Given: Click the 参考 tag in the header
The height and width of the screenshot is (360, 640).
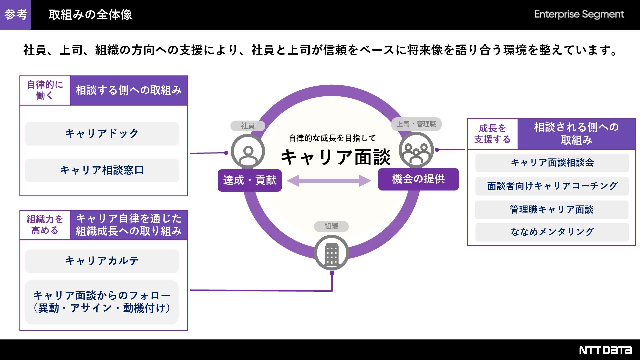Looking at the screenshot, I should click(x=15, y=15).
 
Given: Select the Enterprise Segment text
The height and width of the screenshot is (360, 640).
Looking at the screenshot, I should click(x=579, y=14).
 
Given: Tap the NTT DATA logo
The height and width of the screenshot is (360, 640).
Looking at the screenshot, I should click(x=605, y=350).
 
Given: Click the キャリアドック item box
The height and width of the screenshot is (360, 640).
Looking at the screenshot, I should click(x=102, y=134).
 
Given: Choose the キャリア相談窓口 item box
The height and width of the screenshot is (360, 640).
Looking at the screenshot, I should click(x=102, y=170).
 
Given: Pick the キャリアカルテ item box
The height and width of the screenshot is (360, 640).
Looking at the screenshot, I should click(x=102, y=261).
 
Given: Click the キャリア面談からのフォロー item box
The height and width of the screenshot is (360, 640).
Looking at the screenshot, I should click(x=102, y=302).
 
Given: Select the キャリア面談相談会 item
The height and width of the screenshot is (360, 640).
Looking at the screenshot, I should click(x=552, y=163).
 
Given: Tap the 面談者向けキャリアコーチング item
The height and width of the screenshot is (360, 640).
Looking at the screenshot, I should click(x=552, y=186).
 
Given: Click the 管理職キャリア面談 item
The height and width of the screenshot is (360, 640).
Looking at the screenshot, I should click(x=552, y=210).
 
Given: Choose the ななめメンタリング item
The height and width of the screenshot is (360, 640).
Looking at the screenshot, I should click(x=552, y=232).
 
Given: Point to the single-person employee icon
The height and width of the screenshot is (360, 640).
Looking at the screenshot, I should click(x=248, y=152).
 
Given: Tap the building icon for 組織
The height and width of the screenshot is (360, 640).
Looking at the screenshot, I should click(x=331, y=253).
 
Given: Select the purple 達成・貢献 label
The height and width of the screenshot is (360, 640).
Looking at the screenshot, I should click(x=250, y=180).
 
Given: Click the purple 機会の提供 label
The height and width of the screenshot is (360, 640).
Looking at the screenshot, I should click(x=418, y=179).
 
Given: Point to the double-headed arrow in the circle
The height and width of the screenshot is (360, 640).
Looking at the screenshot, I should click(x=329, y=181).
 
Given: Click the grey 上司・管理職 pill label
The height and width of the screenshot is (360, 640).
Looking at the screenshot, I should click(x=416, y=124).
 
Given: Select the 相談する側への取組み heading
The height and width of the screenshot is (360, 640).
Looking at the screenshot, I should click(x=129, y=90).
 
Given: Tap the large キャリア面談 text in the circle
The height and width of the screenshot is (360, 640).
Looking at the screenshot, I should click(x=335, y=157).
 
